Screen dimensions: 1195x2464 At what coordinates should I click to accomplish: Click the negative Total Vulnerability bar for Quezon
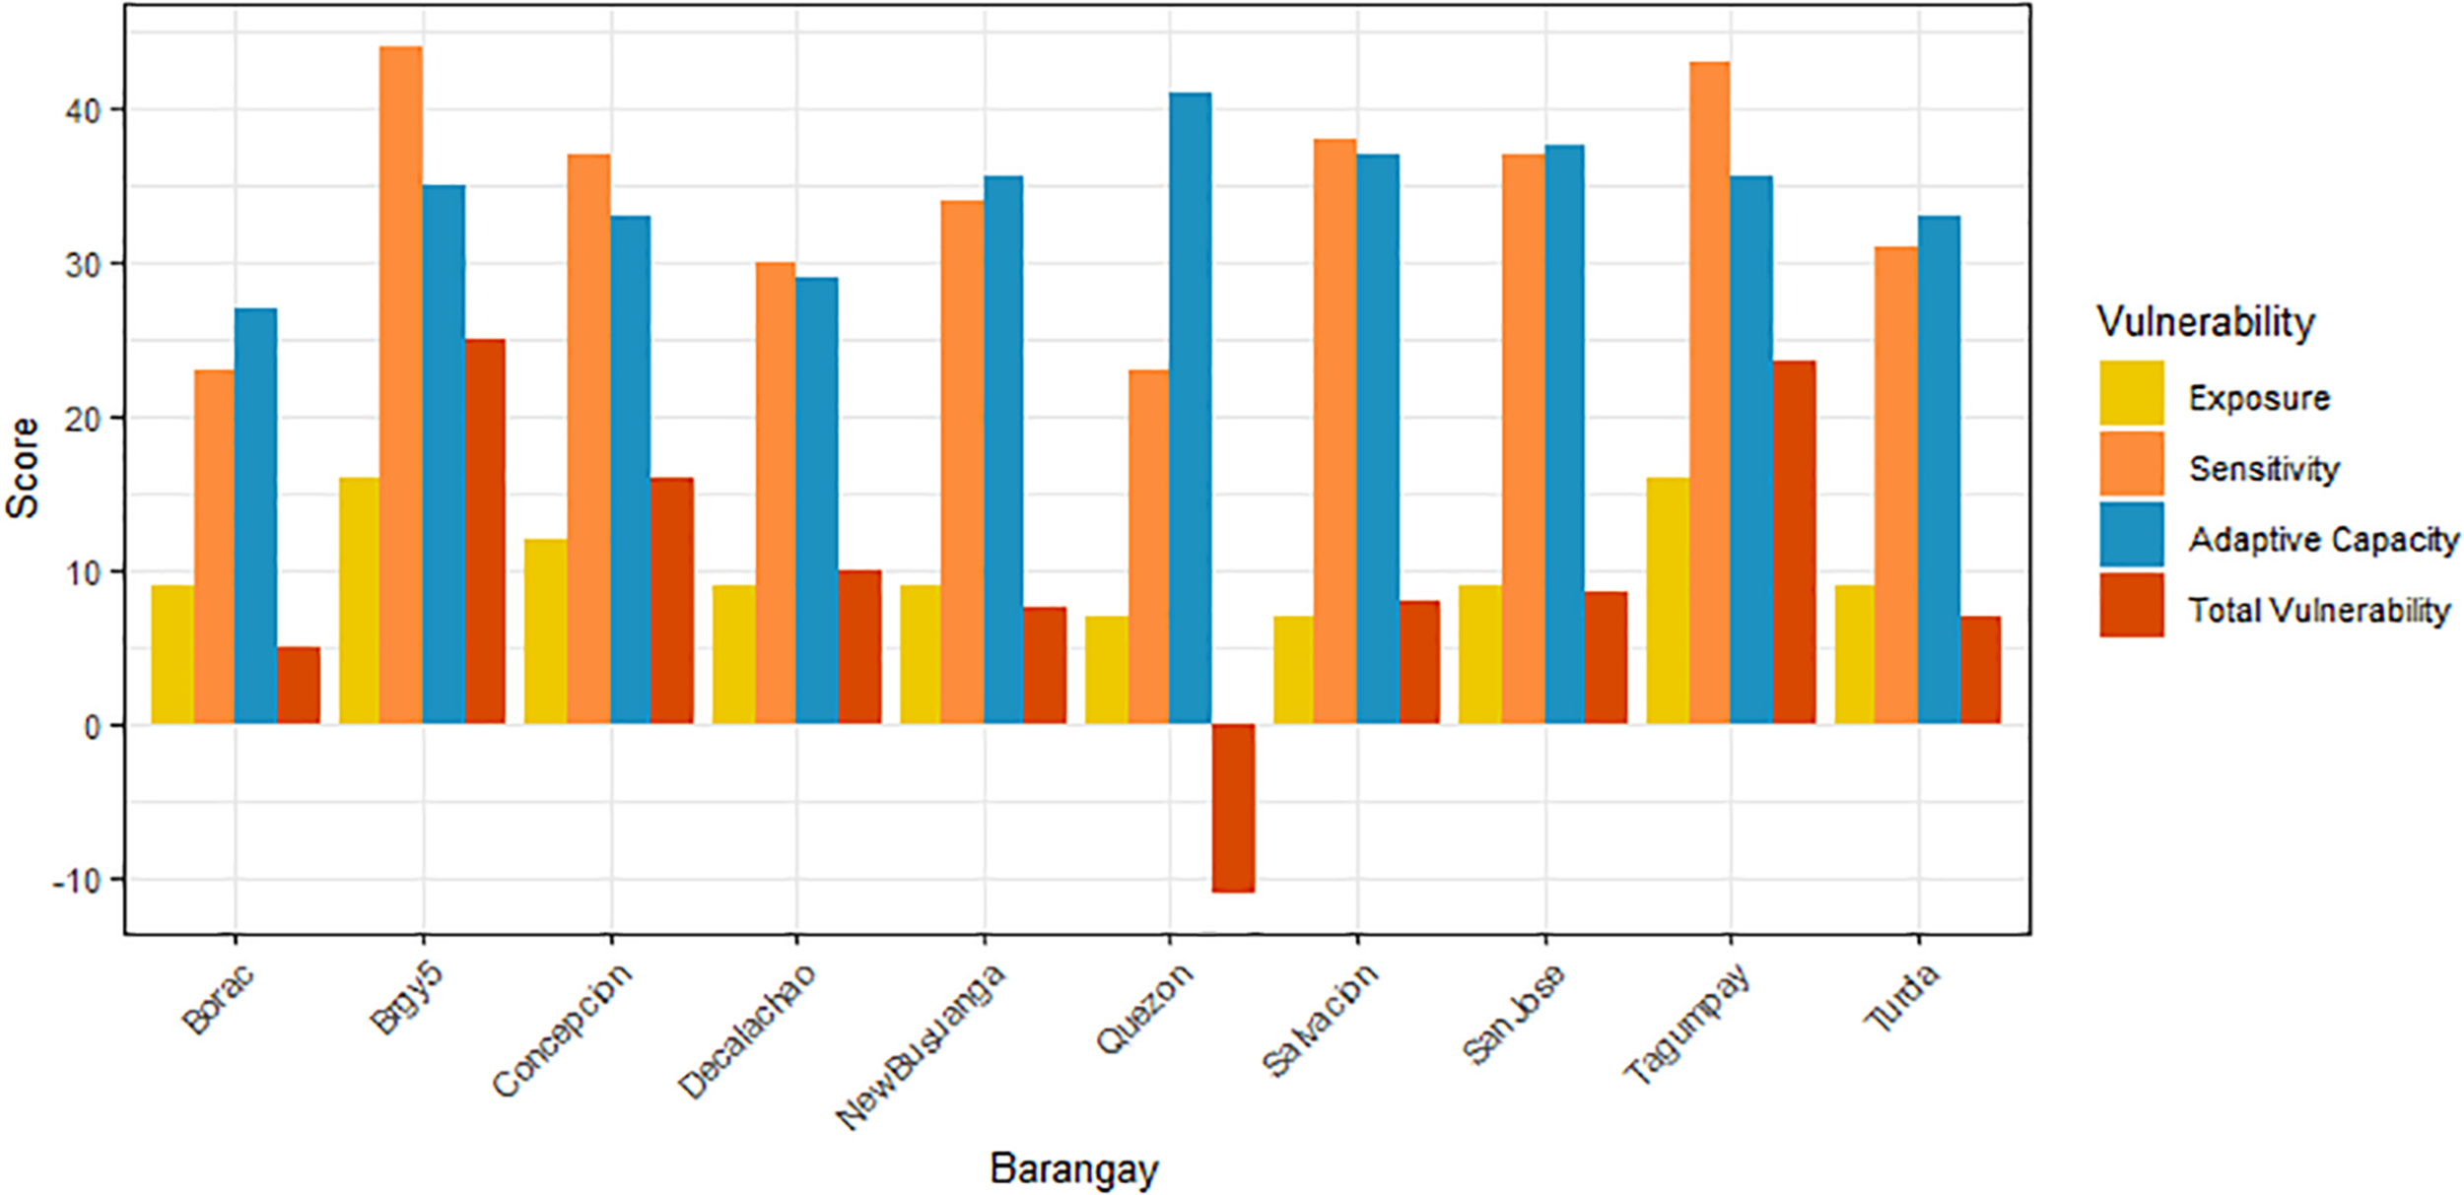[x=1233, y=808]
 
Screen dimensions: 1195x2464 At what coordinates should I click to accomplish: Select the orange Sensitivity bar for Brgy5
[x=400, y=384]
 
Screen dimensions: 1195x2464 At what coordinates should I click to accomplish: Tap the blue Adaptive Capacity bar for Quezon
[x=1190, y=409]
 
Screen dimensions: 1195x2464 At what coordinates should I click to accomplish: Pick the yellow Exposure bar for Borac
[x=172, y=655]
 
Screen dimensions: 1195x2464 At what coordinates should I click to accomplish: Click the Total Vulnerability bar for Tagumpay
[x=1794, y=542]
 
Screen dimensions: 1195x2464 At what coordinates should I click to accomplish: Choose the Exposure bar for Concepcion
[x=545, y=631]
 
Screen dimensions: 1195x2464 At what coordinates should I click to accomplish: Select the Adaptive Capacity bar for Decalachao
[x=817, y=500]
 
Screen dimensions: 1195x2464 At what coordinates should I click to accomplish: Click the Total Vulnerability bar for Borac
[x=299, y=686]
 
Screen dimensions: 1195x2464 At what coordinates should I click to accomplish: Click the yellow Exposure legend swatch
[x=2131, y=392]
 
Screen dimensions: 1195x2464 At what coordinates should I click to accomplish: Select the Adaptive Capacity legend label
[x=2323, y=540]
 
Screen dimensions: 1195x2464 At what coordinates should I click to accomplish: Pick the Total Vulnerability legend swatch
[x=2131, y=605]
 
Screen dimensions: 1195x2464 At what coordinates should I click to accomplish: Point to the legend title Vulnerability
[x=2205, y=322]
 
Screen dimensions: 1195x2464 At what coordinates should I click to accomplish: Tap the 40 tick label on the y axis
[x=84, y=111]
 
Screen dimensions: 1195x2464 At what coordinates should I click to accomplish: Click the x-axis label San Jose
[x=1512, y=1016]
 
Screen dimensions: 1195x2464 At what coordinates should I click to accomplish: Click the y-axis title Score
[x=22, y=468]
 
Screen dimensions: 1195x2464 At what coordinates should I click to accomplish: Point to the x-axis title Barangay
[x=1073, y=1168]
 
